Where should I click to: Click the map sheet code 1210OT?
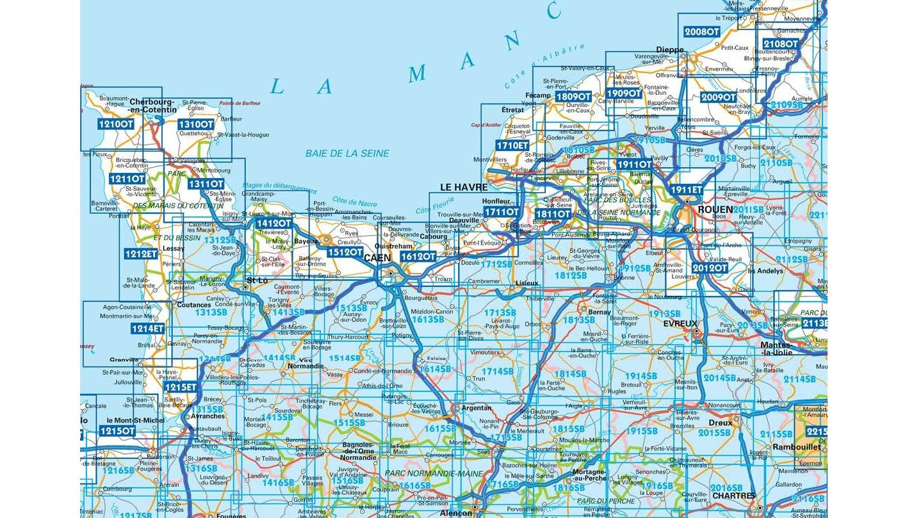click(116, 124)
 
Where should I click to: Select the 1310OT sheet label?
click(195, 124)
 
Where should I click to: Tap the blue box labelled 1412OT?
click(274, 223)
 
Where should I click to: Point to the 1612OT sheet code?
click(418, 256)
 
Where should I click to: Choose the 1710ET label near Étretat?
click(512, 146)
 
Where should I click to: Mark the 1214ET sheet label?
click(147, 328)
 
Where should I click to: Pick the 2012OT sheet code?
click(710, 268)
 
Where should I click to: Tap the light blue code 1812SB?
click(571, 275)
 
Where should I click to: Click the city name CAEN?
click(377, 258)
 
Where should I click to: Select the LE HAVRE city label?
click(464, 188)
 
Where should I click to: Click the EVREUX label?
click(680, 324)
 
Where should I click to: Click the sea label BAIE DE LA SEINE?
click(347, 154)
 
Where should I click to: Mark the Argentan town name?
click(476, 408)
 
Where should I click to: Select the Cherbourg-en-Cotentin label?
click(152, 106)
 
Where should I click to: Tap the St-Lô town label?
click(257, 280)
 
